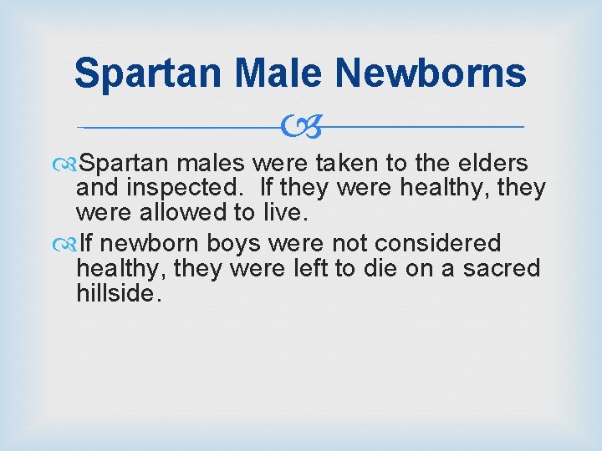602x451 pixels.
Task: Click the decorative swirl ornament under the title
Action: click(300, 127)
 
